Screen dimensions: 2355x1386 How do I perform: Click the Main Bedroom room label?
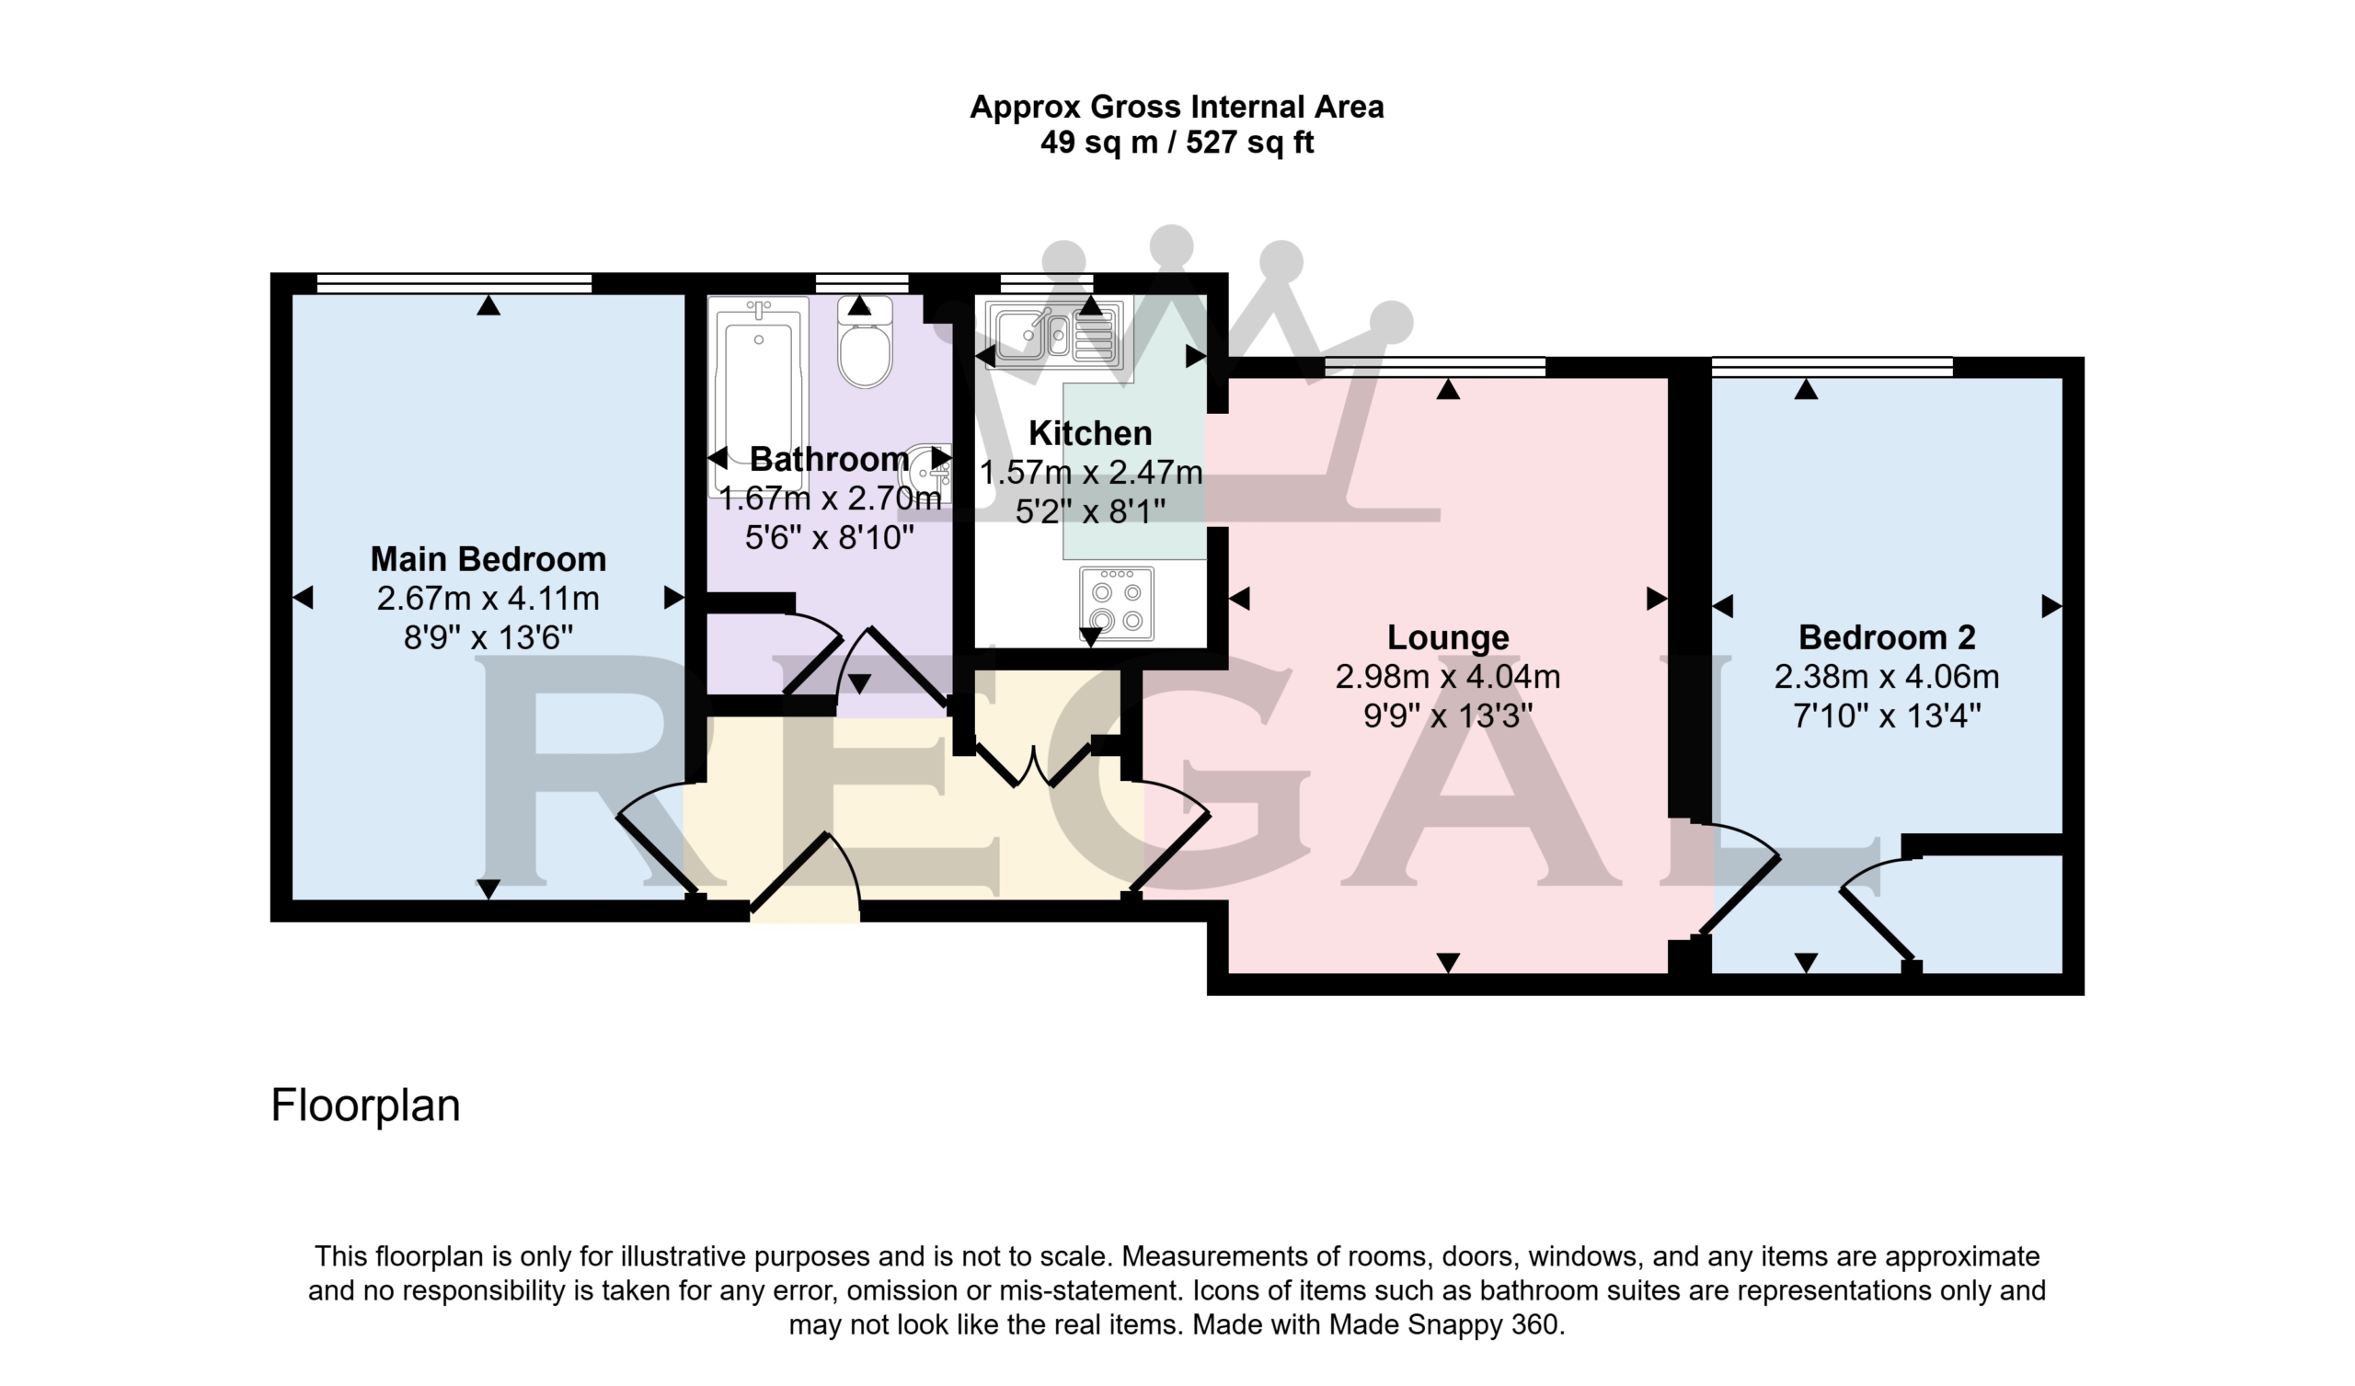[488, 559]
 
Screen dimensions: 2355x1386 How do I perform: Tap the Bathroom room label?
[829, 459]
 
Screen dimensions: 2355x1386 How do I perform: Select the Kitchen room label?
[1090, 432]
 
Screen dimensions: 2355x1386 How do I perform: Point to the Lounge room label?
[1448, 636]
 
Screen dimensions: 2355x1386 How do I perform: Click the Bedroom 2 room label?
[1887, 636]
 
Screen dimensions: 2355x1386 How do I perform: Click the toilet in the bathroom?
[865, 342]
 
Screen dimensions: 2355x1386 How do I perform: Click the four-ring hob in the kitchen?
[1117, 603]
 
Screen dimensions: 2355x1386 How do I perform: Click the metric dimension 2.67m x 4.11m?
[488, 598]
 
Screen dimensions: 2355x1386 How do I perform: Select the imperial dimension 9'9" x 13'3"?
[1448, 716]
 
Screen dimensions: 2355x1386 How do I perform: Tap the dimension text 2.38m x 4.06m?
[1887, 676]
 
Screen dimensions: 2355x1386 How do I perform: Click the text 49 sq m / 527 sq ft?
[1177, 142]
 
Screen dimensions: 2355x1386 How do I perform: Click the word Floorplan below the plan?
[365, 1105]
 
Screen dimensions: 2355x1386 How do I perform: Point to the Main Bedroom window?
[454, 283]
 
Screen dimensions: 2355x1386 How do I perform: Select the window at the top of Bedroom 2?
[1832, 366]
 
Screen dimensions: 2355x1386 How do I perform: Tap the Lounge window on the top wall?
[1435, 366]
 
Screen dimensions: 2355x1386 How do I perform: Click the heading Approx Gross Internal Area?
[1177, 107]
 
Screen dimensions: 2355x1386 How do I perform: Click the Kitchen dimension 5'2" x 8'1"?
[1090, 511]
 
